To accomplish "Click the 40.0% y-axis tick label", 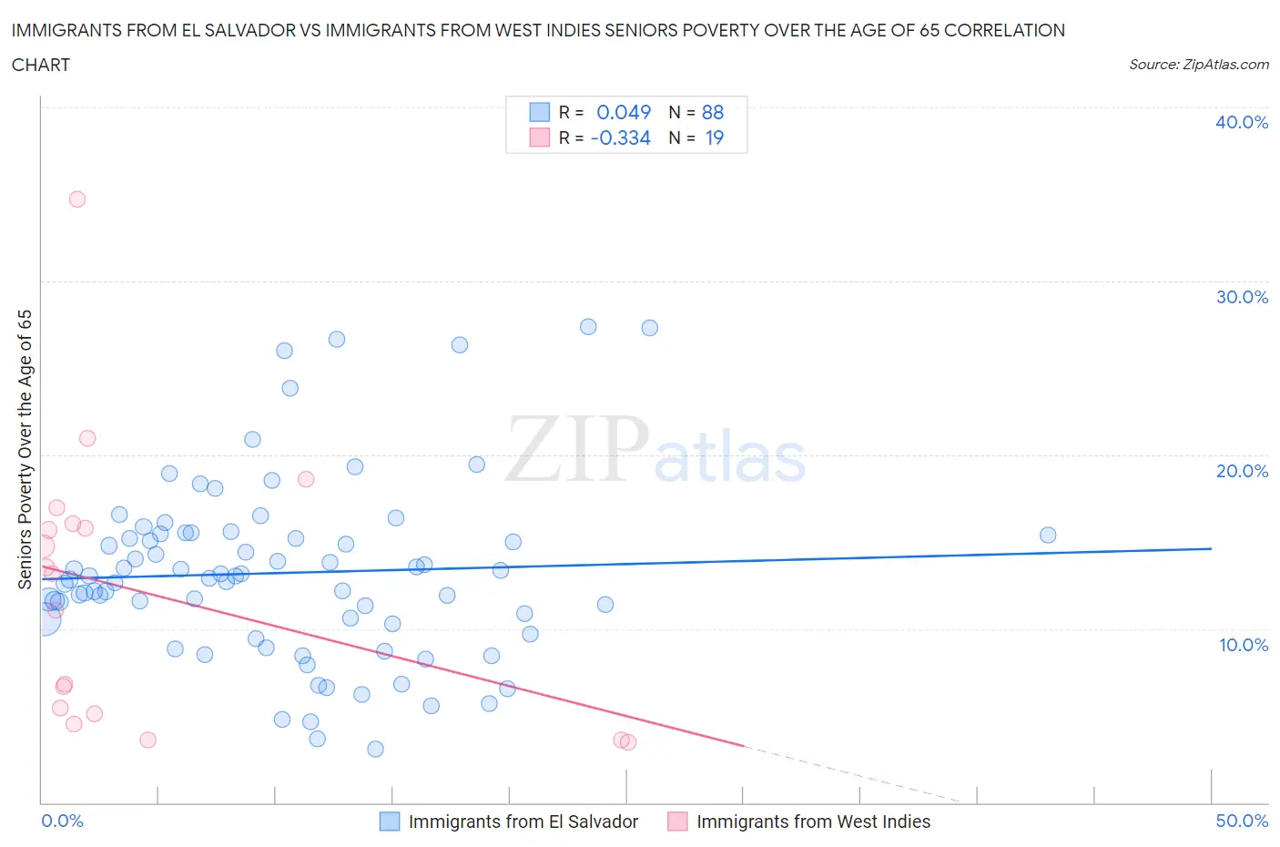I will click(1241, 122).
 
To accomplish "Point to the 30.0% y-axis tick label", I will click(1241, 297).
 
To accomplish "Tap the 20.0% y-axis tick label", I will click(1241, 471).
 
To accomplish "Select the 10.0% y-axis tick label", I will click(1243, 645).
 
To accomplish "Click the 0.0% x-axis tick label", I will click(62, 821).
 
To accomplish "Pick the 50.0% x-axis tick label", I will click(1242, 821).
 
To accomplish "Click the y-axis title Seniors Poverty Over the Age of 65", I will click(25, 449).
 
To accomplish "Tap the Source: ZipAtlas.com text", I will click(1198, 65).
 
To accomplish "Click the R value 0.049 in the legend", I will click(624, 112).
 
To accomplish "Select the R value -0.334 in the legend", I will click(620, 138).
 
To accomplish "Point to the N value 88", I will click(713, 112).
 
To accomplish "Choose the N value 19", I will click(715, 138).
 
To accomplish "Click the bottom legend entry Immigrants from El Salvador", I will click(523, 821).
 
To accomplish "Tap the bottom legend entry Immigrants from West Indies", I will click(813, 821).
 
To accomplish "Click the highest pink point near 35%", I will click(77, 199).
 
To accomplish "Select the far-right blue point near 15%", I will click(1048, 535).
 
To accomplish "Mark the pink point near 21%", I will click(87, 438).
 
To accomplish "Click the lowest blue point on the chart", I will click(375, 749).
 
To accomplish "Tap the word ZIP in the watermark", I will click(577, 448).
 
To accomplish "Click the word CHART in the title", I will click(41, 65).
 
